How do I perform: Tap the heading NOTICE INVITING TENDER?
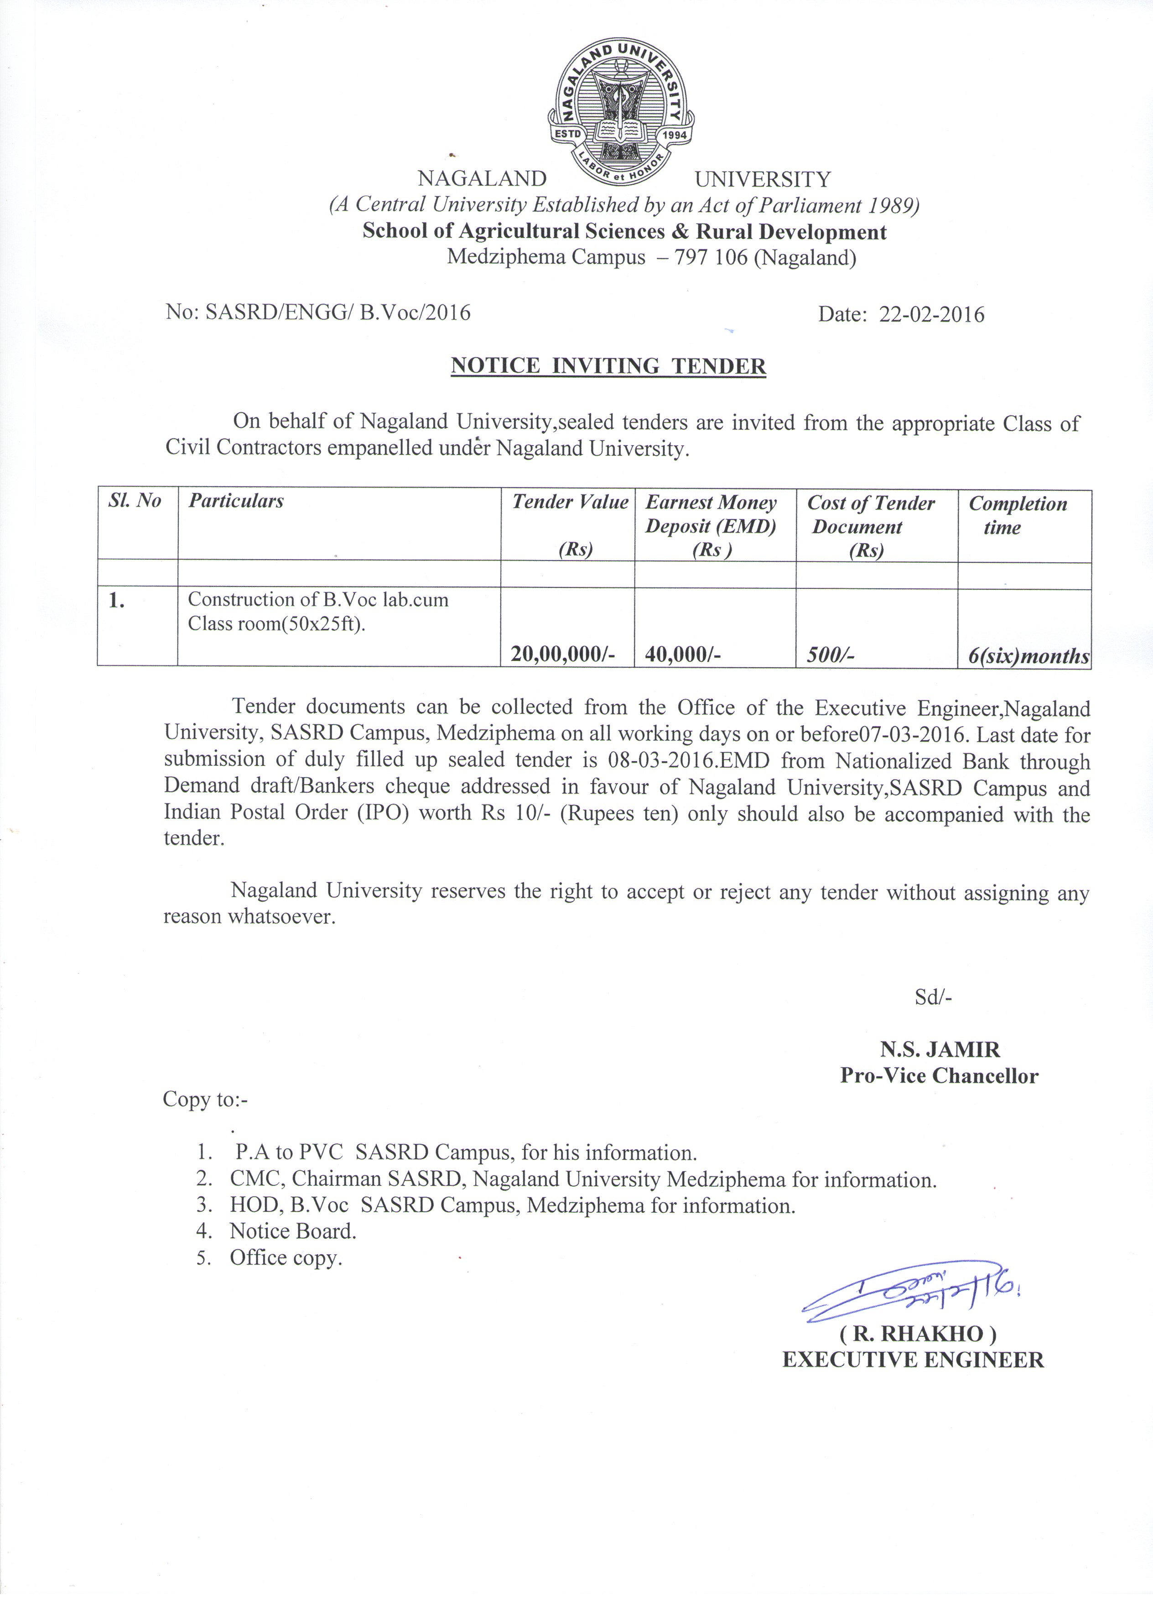[x=608, y=366]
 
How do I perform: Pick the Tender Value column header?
[x=570, y=502]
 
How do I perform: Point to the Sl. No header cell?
[x=134, y=501]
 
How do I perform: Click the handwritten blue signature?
[x=910, y=1292]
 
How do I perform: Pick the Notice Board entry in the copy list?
[x=293, y=1231]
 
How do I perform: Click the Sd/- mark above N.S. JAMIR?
[x=933, y=997]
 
